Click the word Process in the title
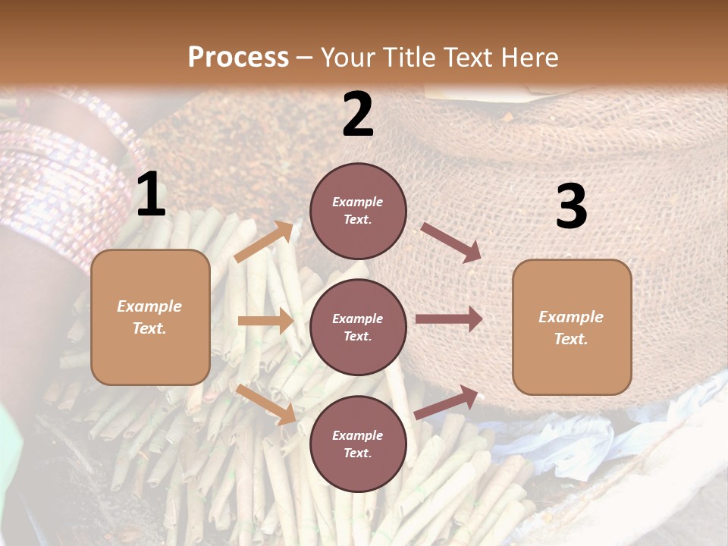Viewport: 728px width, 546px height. click(x=238, y=58)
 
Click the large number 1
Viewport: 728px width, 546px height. click(x=151, y=195)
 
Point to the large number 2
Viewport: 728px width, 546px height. click(x=358, y=115)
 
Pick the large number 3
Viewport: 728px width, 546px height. click(x=571, y=207)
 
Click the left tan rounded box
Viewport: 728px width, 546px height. click(x=150, y=317)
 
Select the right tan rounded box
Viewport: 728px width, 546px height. click(x=572, y=327)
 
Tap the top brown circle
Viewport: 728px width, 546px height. click(x=358, y=211)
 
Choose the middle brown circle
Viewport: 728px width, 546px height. click(x=358, y=327)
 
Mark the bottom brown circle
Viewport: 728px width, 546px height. click(x=358, y=444)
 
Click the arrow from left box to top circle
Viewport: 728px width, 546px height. click(x=264, y=242)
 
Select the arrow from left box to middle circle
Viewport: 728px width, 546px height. click(x=265, y=321)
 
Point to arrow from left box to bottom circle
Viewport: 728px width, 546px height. click(x=266, y=403)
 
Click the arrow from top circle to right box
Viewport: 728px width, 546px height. click(x=451, y=243)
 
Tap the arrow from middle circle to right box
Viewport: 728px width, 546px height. click(x=449, y=319)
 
